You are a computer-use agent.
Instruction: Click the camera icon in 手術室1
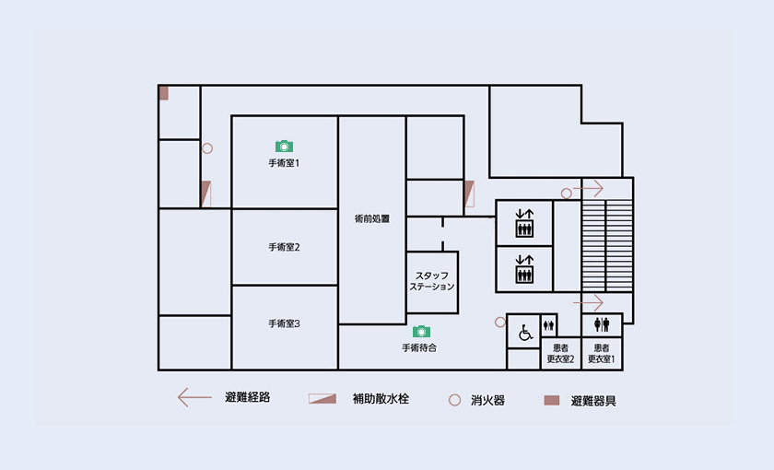tap(284, 147)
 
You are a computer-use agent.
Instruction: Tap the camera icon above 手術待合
tap(421, 331)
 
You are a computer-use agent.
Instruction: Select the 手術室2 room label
tap(284, 247)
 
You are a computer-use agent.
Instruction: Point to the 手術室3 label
tap(284, 323)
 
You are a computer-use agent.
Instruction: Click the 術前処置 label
tap(372, 218)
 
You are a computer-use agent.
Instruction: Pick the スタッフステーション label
tap(432, 281)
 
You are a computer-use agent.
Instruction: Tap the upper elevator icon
tap(524, 223)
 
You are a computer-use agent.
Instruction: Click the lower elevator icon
tap(524, 269)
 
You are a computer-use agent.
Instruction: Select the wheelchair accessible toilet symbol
tap(525, 333)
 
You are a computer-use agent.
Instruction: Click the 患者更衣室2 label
tap(561, 354)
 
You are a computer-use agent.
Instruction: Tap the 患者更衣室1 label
tap(601, 354)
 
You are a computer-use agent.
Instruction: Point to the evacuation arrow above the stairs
tap(588, 188)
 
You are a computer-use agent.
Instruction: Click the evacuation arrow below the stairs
tap(588, 302)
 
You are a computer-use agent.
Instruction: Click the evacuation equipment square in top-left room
tap(163, 93)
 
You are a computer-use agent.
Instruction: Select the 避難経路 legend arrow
tap(194, 397)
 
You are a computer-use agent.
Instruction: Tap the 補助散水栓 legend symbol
tap(322, 399)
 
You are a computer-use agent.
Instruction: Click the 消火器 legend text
tap(487, 400)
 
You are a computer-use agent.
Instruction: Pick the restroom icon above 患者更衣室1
tap(602, 324)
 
